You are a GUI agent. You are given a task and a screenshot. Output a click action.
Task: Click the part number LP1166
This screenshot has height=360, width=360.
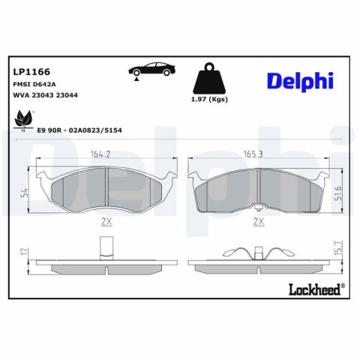(x=31, y=72)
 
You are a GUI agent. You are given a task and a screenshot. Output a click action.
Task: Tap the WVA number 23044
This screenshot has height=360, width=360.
(x=67, y=95)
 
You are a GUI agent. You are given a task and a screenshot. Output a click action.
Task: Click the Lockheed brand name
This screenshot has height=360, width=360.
(x=316, y=289)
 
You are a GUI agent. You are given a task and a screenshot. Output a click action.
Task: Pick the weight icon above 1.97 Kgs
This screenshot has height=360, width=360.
(x=209, y=78)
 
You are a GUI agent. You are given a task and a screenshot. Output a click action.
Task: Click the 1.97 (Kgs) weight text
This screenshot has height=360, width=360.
(x=209, y=100)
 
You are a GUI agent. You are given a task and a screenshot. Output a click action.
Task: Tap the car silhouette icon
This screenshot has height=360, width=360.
(x=151, y=69)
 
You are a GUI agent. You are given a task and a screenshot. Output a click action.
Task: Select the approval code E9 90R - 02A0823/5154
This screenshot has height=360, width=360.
(x=79, y=130)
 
